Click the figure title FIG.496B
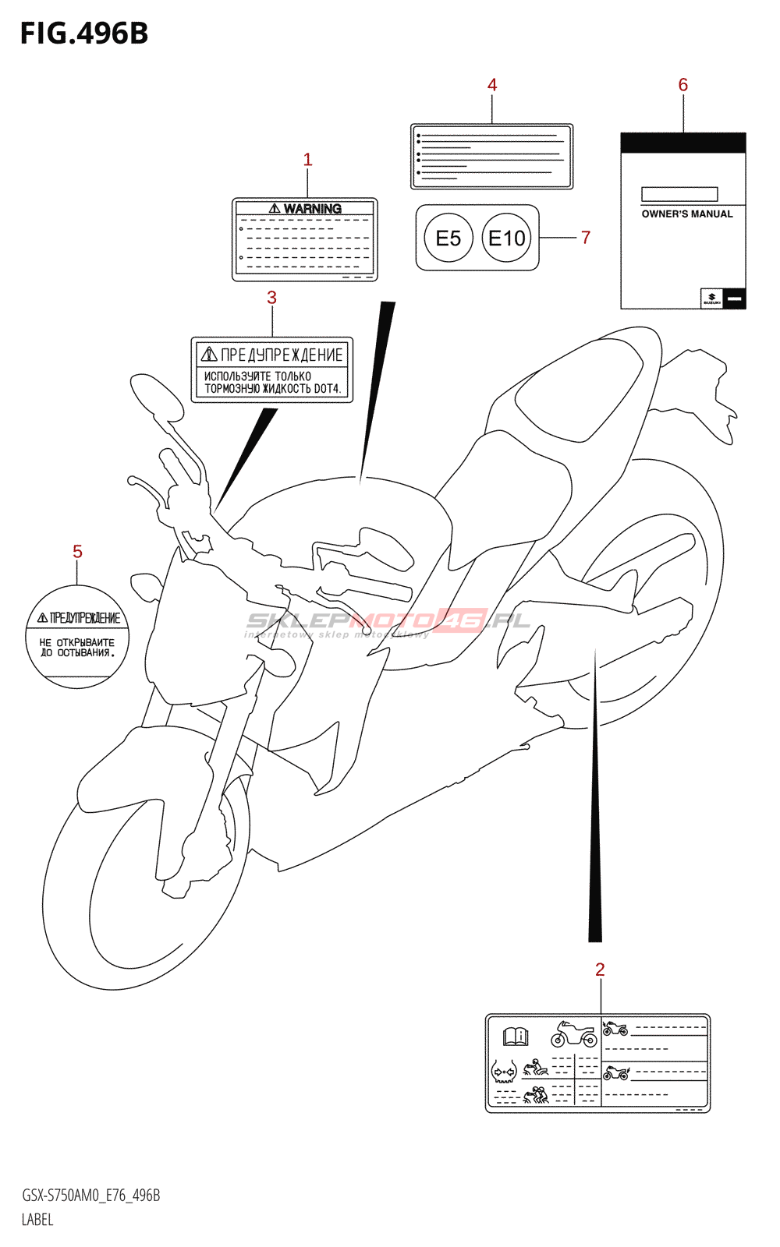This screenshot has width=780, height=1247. click(x=84, y=34)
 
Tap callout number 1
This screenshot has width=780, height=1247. click(x=307, y=160)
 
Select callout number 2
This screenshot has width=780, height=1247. click(x=600, y=970)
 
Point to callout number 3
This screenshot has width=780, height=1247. click(x=271, y=298)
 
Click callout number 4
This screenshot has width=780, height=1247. click(x=492, y=85)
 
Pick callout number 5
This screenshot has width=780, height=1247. click(x=77, y=552)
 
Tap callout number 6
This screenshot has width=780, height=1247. click(x=683, y=85)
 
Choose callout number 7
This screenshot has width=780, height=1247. click(x=586, y=238)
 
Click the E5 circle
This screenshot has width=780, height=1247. click(x=448, y=238)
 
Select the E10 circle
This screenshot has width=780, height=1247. click(x=507, y=238)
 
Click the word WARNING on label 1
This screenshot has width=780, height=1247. click(x=312, y=209)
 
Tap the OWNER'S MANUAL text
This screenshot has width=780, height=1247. click(x=687, y=214)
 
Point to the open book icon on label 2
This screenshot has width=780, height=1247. click(x=516, y=1037)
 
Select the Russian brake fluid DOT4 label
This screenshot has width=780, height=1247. click(x=272, y=370)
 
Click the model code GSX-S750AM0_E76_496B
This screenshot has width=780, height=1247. click(x=91, y=1196)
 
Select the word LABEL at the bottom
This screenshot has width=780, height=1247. click(x=37, y=1220)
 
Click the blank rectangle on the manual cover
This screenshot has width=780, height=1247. click(x=679, y=194)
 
